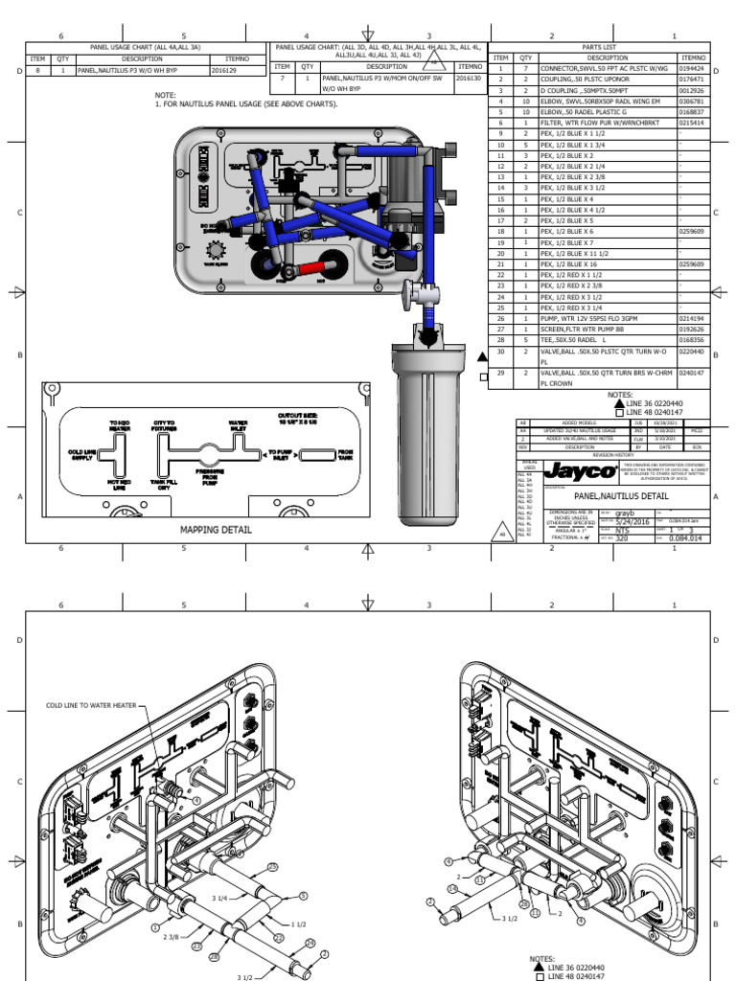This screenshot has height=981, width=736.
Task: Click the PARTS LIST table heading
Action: tap(600, 46)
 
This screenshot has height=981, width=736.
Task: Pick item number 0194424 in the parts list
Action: tap(692, 69)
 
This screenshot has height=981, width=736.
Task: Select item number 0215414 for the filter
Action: tap(692, 123)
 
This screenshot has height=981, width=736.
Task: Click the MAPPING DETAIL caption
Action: tap(216, 529)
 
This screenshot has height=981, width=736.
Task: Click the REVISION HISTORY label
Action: tap(613, 455)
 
